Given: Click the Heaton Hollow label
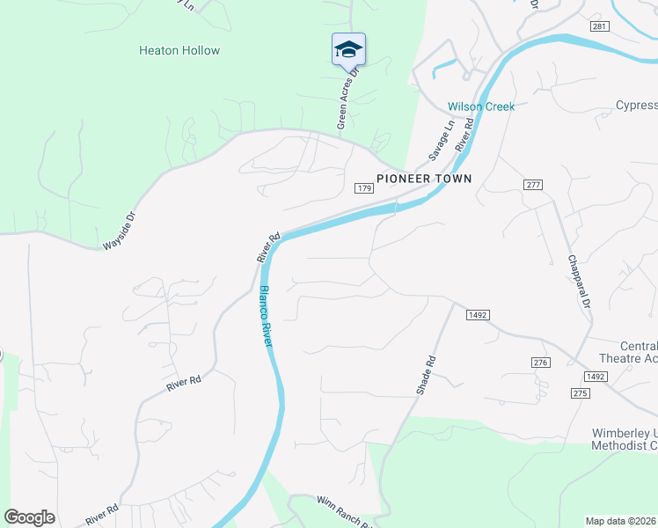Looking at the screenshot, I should [179, 50].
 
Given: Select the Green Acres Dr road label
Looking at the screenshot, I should [349, 100].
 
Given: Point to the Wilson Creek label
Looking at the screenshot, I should [481, 106].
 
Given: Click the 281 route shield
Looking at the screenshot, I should [600, 27].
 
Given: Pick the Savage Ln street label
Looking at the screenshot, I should [442, 141].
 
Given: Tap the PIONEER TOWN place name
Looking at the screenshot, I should [424, 179].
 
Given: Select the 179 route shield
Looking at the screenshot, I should [365, 188].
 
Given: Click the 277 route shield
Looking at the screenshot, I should [532, 185].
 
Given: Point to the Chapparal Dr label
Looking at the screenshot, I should [578, 281].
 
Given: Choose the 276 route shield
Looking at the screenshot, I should [540, 363].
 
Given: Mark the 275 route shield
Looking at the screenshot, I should [579, 393].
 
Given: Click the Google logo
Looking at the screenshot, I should [29, 517].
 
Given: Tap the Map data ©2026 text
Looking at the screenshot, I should [621, 520].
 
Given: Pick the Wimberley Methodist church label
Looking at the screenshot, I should [625, 440].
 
